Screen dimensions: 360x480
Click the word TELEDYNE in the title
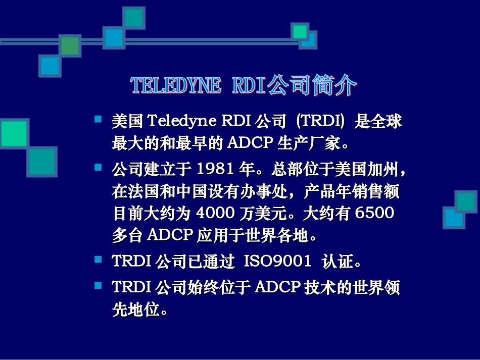click(x=176, y=86)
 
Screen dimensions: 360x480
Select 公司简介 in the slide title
click(x=311, y=85)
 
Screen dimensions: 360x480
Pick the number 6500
click(x=374, y=214)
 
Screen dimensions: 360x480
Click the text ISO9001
click(x=277, y=261)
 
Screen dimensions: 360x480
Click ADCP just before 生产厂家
click(x=250, y=144)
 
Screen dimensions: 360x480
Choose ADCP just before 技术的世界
click(x=278, y=287)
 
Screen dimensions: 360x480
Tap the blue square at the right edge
click(x=453, y=218)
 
